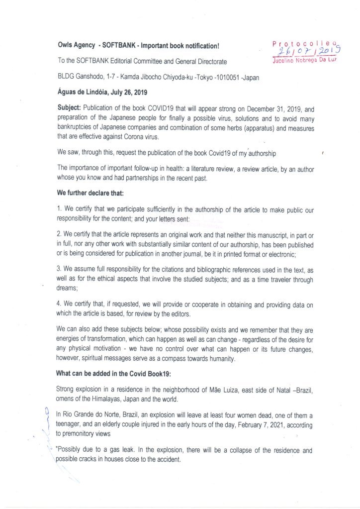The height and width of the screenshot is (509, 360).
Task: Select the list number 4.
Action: click(x=59, y=305)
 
